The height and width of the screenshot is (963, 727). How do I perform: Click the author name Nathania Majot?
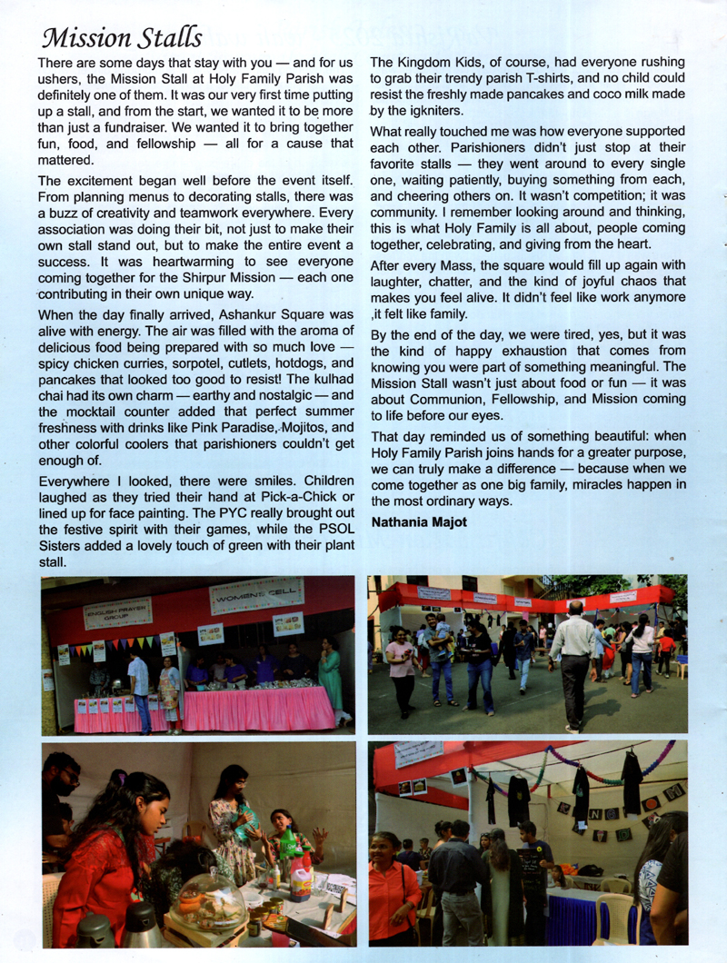(x=420, y=522)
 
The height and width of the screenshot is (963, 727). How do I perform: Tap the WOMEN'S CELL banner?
(x=256, y=596)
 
